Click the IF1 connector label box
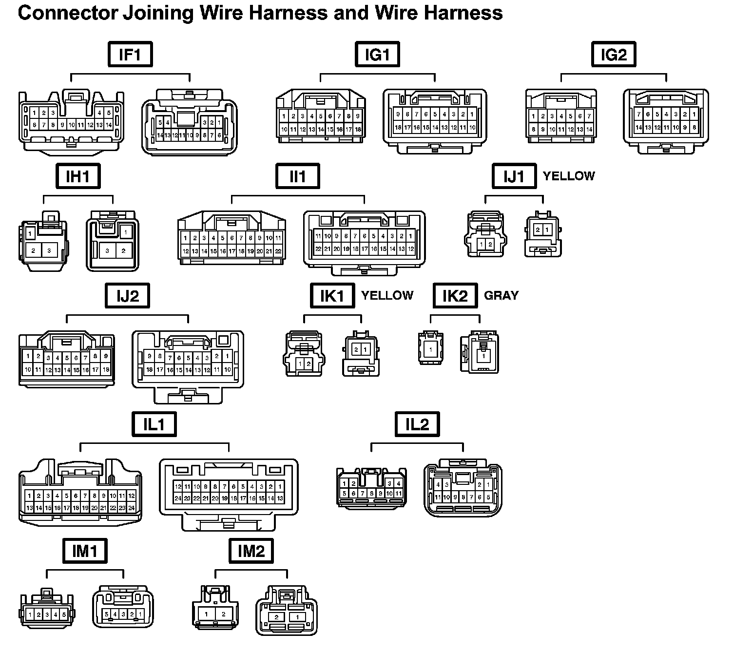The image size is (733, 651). (130, 54)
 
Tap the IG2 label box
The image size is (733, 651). (613, 54)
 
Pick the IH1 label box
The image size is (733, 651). (77, 176)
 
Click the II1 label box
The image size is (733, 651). (297, 176)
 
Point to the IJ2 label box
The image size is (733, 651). (128, 296)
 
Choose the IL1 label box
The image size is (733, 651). (154, 424)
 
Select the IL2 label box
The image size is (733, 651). (417, 424)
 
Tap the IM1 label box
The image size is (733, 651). (85, 551)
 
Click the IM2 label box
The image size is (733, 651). (251, 551)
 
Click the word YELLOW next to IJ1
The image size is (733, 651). (569, 176)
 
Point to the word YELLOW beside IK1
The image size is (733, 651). (387, 295)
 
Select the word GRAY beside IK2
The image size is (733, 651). (501, 295)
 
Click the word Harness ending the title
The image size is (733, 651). (463, 13)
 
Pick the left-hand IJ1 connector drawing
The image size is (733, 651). (485, 234)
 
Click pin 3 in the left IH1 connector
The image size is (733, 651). (49, 251)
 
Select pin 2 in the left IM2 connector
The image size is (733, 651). (223, 614)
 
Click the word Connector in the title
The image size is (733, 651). (67, 13)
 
